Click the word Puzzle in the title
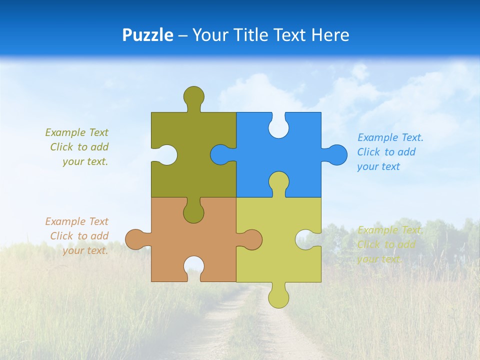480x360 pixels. click(147, 35)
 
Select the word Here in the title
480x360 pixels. click(330, 35)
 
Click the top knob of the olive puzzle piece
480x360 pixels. click(193, 95)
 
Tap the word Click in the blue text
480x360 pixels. click(367, 152)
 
